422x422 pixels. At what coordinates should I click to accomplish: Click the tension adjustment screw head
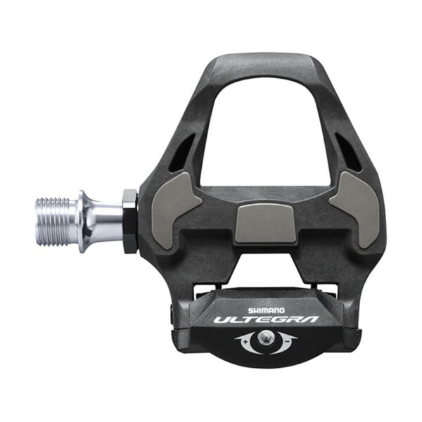coord(266,340)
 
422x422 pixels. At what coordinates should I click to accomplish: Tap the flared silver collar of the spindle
coord(87,219)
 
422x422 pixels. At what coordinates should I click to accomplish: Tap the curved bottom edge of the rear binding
coord(266,362)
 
